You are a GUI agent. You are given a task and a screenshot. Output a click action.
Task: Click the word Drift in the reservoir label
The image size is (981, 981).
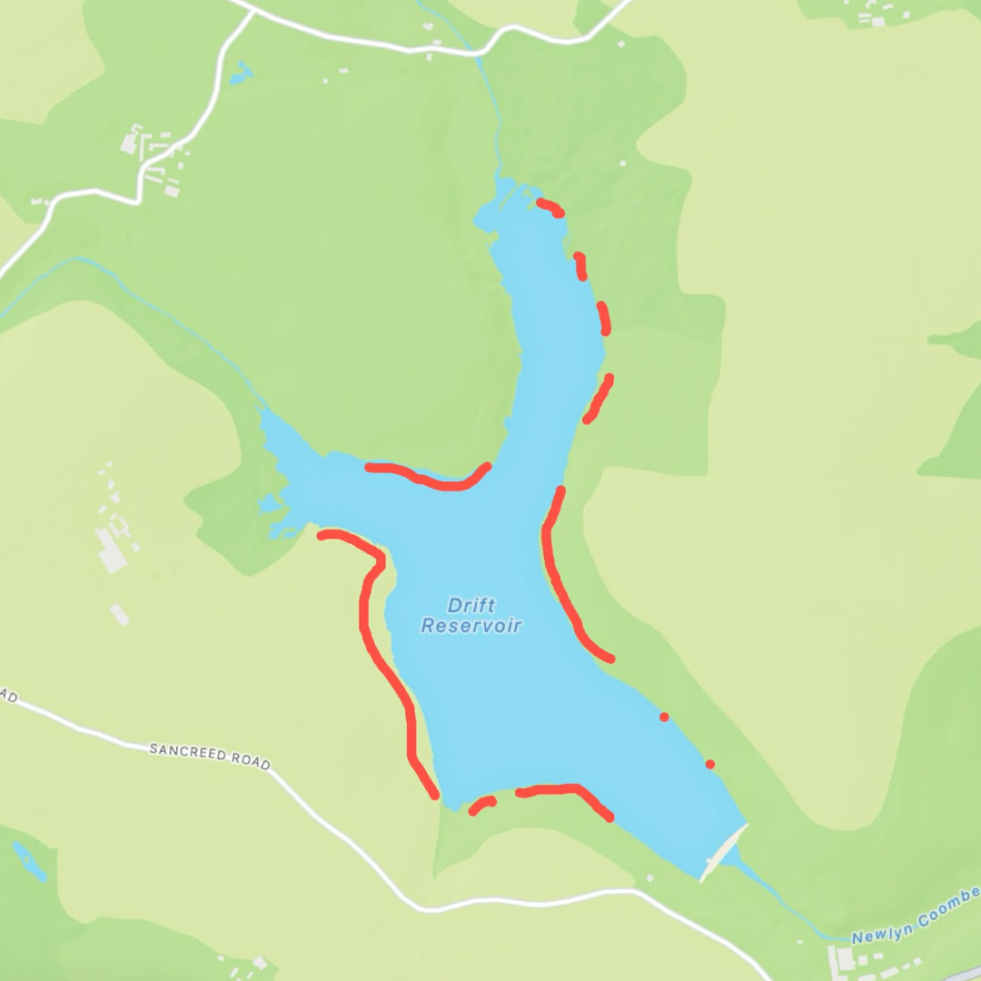click(471, 606)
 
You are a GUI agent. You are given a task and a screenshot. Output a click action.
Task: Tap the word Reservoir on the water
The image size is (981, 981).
click(471, 626)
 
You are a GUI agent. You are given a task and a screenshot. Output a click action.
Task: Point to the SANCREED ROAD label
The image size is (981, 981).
click(210, 756)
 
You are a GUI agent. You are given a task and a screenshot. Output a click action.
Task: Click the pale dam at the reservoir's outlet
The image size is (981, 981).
click(723, 853)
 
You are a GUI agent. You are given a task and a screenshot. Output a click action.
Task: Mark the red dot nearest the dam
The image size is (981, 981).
click(710, 764)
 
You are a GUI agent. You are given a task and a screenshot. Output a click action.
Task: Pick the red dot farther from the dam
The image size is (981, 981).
click(664, 718)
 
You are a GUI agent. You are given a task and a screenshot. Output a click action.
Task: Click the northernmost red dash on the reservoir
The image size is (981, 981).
click(550, 208)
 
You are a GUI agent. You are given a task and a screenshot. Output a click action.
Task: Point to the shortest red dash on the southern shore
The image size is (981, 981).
click(481, 805)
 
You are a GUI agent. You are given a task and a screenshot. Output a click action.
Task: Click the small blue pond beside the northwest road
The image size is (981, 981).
click(240, 74)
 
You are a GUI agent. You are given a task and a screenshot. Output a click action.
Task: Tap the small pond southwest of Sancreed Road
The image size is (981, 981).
click(30, 861)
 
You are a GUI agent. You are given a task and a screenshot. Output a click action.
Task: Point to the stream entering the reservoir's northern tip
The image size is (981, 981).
click(495, 118)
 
